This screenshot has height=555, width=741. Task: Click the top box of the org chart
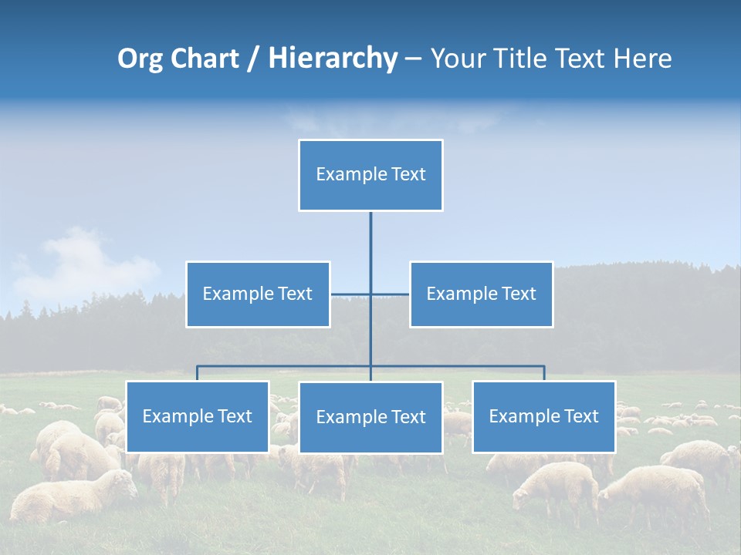click(x=370, y=175)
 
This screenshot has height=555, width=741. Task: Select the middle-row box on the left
click(x=258, y=294)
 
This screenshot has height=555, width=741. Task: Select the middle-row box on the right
click(x=481, y=294)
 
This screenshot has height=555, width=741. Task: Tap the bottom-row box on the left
click(x=198, y=416)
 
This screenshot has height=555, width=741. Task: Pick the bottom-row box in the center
click(x=370, y=417)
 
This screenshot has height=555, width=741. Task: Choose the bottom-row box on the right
click(x=543, y=416)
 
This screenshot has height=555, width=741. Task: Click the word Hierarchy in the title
click(x=332, y=59)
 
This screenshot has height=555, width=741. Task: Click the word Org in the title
click(x=140, y=59)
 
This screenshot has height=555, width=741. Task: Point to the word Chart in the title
click(x=207, y=59)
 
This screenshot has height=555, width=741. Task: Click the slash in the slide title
click(x=252, y=59)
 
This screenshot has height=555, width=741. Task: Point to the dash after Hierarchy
click(x=413, y=59)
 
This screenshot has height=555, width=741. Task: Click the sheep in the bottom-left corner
click(x=69, y=497)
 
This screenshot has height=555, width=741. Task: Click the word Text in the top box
click(x=408, y=174)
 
